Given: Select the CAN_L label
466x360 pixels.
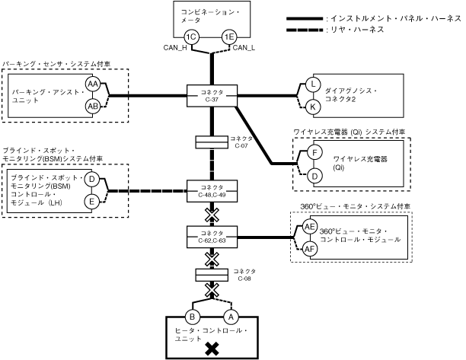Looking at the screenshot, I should [x=244, y=48].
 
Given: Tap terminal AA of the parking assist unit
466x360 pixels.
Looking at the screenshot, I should [x=93, y=84].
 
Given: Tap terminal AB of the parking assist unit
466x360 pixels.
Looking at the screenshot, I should [x=93, y=106].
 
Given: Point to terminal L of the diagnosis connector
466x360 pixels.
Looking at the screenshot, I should [x=312, y=84].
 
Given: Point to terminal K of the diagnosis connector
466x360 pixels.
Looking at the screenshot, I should [x=312, y=107].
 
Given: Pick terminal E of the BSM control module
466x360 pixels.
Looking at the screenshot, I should [x=91, y=201].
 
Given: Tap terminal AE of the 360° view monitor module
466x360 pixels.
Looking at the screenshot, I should [x=310, y=227].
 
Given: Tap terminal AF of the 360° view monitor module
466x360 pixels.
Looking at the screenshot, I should [x=310, y=248].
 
